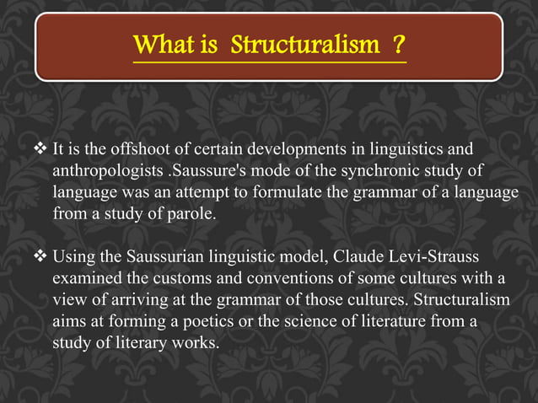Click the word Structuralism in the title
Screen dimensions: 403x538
click(305, 44)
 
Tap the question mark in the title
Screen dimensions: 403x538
click(397, 44)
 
